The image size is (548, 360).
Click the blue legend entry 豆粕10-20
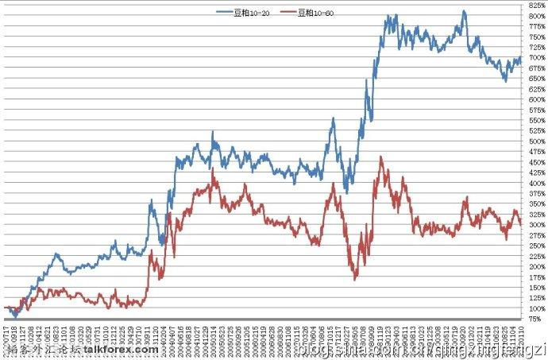[x=249, y=14]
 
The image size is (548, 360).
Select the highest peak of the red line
[x=381, y=157]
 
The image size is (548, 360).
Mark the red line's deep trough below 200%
[x=355, y=278]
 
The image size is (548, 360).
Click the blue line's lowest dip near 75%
[x=14, y=317]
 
